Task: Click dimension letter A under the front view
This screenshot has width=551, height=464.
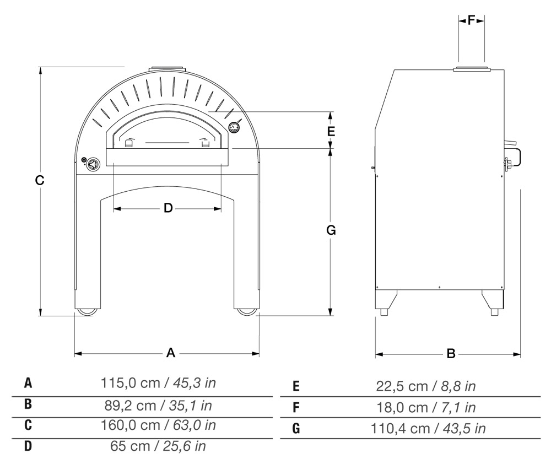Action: click(170, 353)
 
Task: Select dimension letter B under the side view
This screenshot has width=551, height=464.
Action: click(451, 353)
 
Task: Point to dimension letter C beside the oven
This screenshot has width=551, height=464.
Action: click(40, 180)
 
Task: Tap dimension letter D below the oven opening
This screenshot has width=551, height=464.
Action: click(168, 208)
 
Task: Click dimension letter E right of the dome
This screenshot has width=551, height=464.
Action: click(331, 131)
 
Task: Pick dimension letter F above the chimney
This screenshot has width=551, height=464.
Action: click(471, 20)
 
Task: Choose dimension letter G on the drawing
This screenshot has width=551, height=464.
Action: click(331, 230)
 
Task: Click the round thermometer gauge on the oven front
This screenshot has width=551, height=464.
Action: click(234, 127)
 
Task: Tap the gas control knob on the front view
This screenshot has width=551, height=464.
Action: click(93, 164)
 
